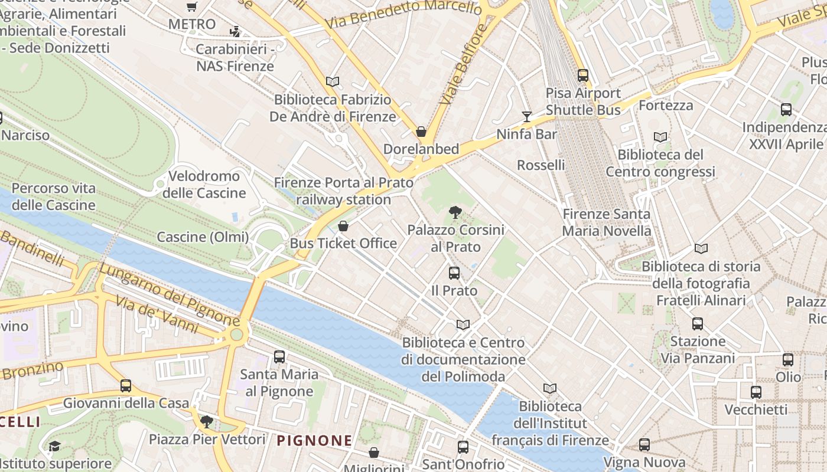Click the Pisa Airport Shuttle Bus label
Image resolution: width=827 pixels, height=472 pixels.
point(583,101)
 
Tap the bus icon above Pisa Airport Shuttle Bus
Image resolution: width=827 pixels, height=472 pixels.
point(583,75)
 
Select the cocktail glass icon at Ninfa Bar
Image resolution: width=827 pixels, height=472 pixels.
point(527,116)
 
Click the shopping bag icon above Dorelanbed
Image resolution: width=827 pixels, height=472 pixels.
point(421,131)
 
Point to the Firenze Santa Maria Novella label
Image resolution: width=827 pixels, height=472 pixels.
point(606,222)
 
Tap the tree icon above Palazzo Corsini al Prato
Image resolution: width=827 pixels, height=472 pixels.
point(455,212)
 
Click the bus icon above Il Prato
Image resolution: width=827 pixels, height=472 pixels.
point(454,273)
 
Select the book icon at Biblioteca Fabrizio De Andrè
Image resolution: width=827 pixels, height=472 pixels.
point(333,82)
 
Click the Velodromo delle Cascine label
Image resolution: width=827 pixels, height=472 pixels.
point(204,184)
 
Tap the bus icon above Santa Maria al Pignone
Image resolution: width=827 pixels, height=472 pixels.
point(279,356)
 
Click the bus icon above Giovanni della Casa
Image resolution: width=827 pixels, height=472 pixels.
point(126,385)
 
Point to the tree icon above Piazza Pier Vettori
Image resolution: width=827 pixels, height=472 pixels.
point(206,421)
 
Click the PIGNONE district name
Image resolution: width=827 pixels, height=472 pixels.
point(314,440)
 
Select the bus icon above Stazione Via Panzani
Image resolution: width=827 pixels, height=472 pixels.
point(698,323)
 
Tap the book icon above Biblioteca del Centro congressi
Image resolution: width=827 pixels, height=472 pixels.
point(660,137)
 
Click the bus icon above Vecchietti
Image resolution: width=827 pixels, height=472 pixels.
point(756,392)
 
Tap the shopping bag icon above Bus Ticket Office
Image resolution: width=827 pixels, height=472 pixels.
point(343,226)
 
